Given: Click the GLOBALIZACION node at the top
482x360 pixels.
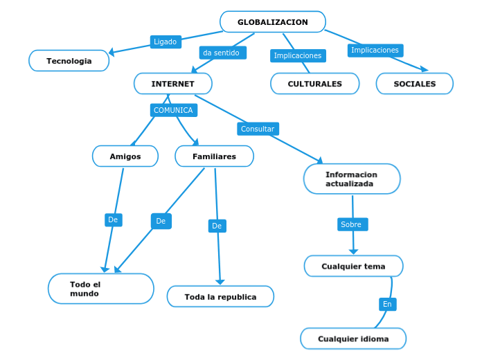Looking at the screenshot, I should [273, 22].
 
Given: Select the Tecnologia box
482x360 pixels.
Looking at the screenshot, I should [69, 61].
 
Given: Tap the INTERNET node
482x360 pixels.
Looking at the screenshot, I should [173, 84].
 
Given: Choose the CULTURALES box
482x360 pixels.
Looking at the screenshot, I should [315, 84].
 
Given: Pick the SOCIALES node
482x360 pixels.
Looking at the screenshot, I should [415, 84].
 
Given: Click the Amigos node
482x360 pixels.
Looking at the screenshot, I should [125, 156].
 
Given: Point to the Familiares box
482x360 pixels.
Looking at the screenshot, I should [214, 156].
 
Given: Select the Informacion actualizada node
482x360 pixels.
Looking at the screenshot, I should [352, 179].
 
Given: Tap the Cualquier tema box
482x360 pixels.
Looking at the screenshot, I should [353, 267].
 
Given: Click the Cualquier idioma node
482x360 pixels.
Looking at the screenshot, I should [353, 339].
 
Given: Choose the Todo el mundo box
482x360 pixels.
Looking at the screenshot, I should [101, 289].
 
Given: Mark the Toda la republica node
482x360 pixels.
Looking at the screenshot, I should [220, 296].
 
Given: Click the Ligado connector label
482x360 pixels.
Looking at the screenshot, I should [165, 42].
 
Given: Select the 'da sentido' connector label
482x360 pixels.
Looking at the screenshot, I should [222, 53].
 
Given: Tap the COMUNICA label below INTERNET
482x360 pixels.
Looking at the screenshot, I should [173, 110].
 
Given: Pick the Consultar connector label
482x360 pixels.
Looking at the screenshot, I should [258, 129].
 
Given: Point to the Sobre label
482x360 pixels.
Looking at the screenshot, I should [352, 224].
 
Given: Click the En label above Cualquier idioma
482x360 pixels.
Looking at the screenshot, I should [387, 304].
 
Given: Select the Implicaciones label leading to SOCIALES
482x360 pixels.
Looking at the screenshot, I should [375, 50].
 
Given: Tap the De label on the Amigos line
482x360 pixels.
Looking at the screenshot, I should [113, 219].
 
